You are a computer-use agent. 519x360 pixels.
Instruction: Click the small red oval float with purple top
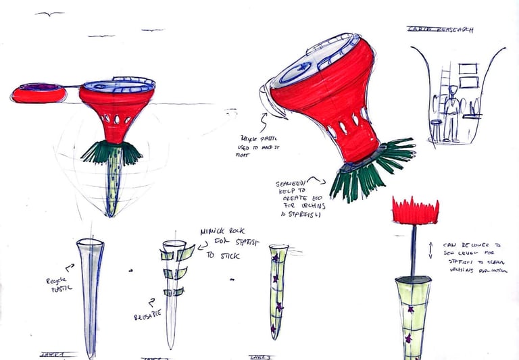coord(39,93)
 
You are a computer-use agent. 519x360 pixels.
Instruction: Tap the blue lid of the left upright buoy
coord(118,84)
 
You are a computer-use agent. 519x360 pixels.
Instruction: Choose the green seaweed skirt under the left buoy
coord(112,153)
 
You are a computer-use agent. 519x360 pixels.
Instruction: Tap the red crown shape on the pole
coord(415,211)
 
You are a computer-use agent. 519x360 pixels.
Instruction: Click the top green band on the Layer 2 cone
coord(177,255)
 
